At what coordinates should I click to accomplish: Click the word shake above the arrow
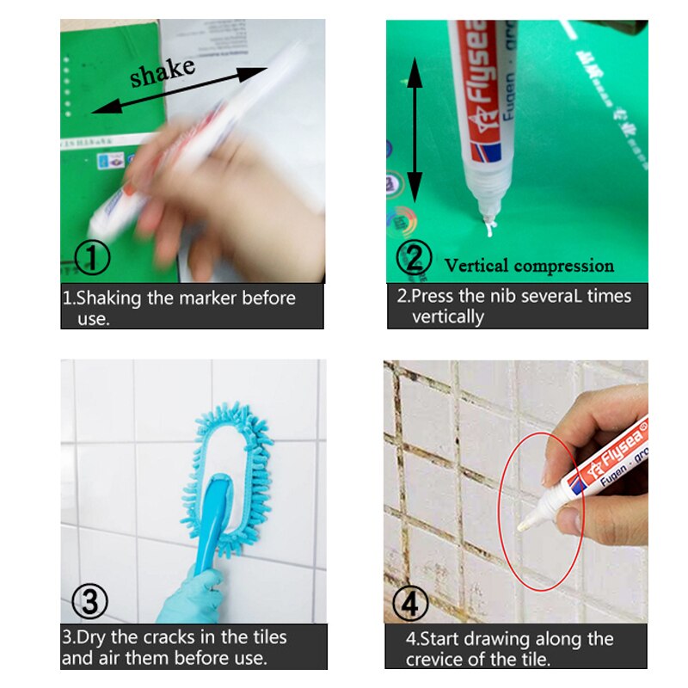coord(163,72)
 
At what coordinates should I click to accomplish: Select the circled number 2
coord(415,258)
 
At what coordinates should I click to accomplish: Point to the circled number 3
coord(89,600)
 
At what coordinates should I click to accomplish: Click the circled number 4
coord(414,600)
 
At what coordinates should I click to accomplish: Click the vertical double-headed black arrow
coord(415,129)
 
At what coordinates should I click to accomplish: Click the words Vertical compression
coord(529,266)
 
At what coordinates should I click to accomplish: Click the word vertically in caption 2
coord(448,316)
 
